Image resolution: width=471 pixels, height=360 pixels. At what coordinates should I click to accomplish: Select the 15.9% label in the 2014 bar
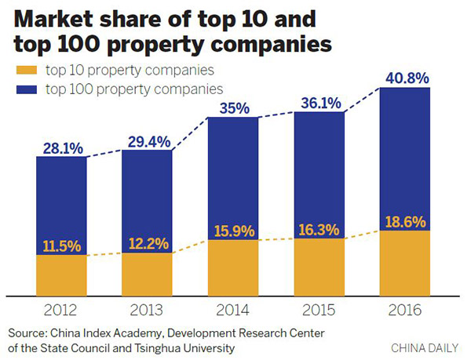[x=233, y=231]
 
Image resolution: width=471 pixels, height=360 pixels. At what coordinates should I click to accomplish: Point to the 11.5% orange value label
[x=61, y=245]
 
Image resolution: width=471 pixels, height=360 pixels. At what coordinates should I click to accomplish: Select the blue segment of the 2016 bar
[x=404, y=157]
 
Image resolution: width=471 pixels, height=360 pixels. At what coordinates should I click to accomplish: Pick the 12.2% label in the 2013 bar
[x=147, y=243]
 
